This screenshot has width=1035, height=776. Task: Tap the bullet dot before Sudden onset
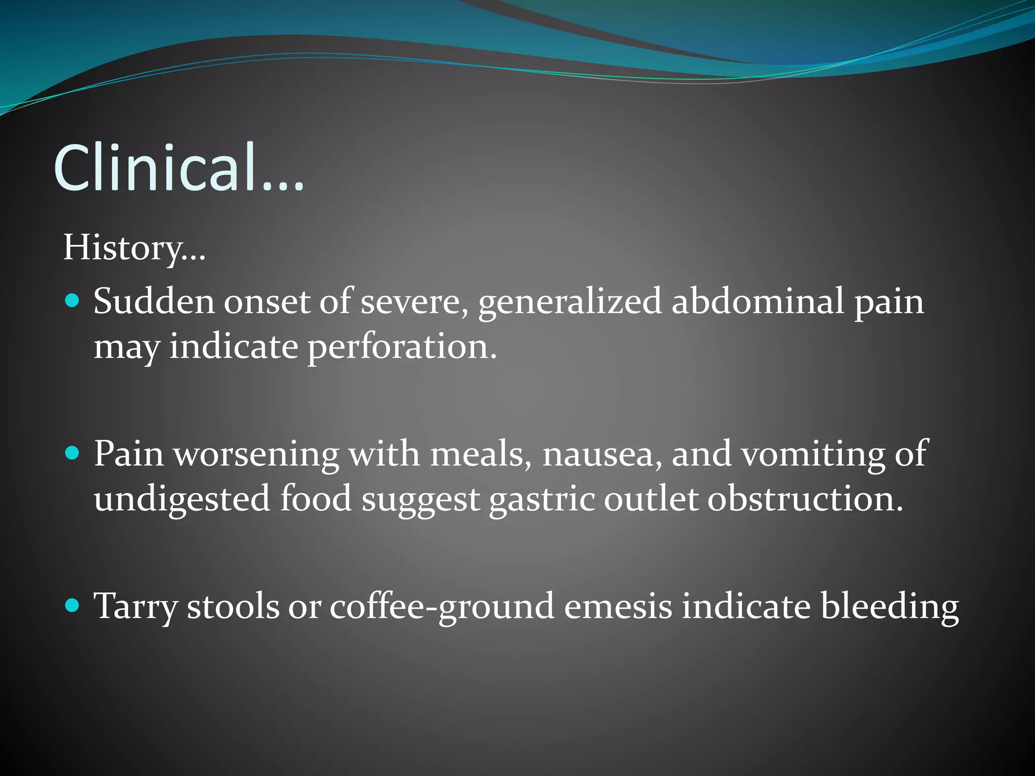pos(73,301)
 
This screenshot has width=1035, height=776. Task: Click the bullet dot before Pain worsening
pos(73,453)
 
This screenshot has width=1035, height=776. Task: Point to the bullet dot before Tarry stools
pos(73,605)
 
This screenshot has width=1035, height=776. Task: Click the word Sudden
pos(154,302)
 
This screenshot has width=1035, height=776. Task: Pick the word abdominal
pos(758,302)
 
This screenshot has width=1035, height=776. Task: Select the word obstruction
pos(805,499)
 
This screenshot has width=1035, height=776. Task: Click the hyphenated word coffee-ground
pos(442,606)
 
